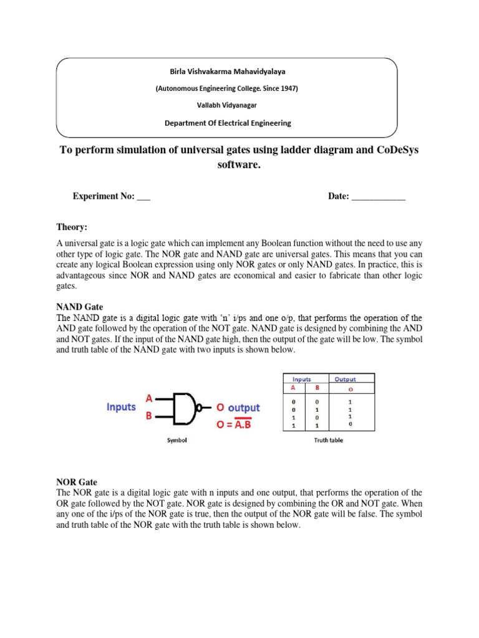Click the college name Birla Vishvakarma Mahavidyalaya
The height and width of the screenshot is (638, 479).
[x=226, y=72]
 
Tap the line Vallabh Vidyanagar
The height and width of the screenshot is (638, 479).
[x=226, y=105]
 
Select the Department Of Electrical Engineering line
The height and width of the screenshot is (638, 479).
[x=227, y=123]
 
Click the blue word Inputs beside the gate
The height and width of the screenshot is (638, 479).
[x=120, y=406]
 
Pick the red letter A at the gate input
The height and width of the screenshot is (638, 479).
[x=149, y=397]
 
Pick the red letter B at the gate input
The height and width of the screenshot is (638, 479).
[x=149, y=415]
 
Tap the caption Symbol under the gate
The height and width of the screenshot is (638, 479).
[x=177, y=440]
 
